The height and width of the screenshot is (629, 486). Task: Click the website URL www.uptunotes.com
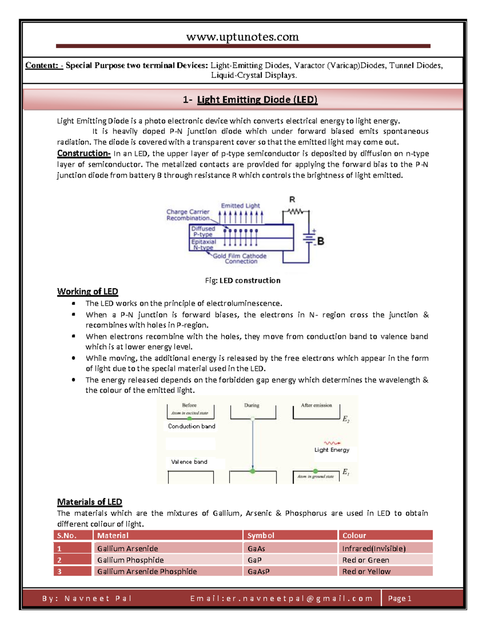tap(242, 37)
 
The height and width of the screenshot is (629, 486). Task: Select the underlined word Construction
tap(83, 154)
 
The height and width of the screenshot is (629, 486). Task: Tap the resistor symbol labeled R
tap(295, 211)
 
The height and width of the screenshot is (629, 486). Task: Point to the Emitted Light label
tap(240, 206)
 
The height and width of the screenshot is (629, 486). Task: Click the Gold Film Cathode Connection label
tap(240, 259)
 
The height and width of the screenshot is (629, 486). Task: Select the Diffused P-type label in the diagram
tap(203, 231)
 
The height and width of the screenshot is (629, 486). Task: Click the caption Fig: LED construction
tap(243, 280)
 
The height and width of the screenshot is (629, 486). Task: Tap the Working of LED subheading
tap(87, 292)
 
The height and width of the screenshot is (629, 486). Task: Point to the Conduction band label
tap(192, 426)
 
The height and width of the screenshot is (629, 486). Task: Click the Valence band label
tap(189, 462)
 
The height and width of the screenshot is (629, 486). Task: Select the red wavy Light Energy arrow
tap(332, 443)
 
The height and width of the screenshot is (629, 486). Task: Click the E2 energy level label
tap(346, 419)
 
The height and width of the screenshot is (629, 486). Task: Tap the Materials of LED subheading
tap(90, 502)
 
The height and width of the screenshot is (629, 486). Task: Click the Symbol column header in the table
tap(261, 535)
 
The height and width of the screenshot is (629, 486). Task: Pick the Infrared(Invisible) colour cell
tap(374, 548)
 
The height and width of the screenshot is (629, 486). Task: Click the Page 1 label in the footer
tap(400, 599)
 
